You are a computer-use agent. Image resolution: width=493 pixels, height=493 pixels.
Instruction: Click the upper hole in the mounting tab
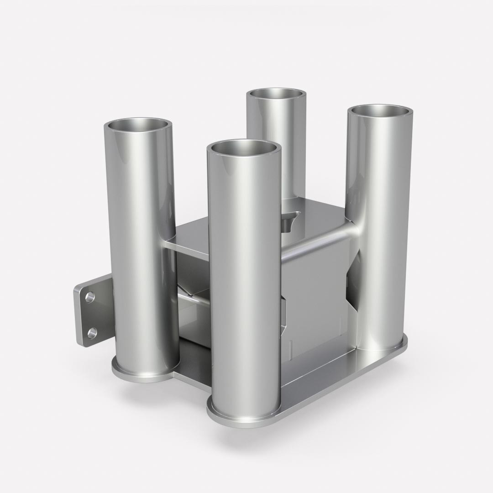[x=90, y=298]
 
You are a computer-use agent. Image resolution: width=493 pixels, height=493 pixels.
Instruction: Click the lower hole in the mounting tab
[x=92, y=333]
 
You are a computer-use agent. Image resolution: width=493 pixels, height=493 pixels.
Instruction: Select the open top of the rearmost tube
[x=276, y=94]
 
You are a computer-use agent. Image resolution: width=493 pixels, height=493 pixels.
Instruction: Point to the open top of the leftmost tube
[x=138, y=124]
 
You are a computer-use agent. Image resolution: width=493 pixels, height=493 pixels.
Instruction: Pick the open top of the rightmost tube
[x=380, y=111]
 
